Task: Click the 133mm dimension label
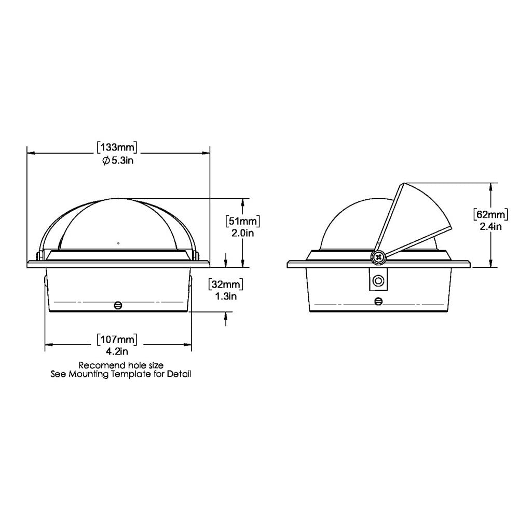pyautogui.click(x=117, y=147)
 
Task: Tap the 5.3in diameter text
pyautogui.click(x=118, y=161)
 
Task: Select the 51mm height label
pyautogui.click(x=242, y=221)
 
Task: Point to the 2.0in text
pyautogui.click(x=242, y=234)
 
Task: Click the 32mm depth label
pyautogui.click(x=226, y=284)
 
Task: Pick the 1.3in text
pyautogui.click(x=226, y=296)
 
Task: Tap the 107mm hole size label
pyautogui.click(x=117, y=339)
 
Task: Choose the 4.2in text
pyautogui.click(x=117, y=351)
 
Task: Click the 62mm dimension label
pyautogui.click(x=490, y=214)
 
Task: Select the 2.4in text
pyautogui.click(x=490, y=227)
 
